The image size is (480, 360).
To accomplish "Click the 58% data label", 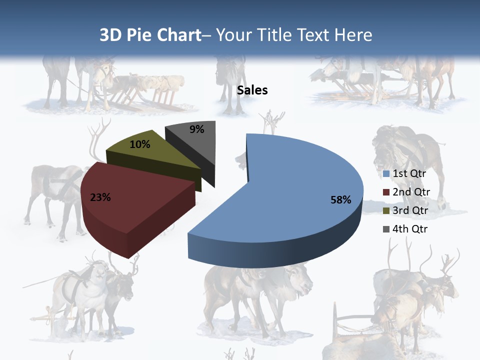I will [x=340, y=200].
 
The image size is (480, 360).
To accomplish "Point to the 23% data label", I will [x=100, y=197].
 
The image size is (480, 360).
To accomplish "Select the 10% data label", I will [x=139, y=144].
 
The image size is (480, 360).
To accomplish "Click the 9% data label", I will [x=197, y=129].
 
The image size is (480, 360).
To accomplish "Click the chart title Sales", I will [x=252, y=90].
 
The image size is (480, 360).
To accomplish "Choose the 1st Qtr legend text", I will [x=409, y=174].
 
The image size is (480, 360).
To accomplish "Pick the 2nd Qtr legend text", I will [x=411, y=192].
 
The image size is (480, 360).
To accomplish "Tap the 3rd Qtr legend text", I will [x=410, y=210].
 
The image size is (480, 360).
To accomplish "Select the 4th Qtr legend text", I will [x=410, y=229].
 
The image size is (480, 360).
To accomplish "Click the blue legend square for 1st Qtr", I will [x=386, y=174].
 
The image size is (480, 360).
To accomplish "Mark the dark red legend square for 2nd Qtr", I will [x=386, y=192].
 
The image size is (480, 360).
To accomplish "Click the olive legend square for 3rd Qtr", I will [x=386, y=211].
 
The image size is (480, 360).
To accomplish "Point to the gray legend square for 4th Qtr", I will [x=386, y=229].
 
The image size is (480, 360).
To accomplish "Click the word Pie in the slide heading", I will [x=138, y=35].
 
